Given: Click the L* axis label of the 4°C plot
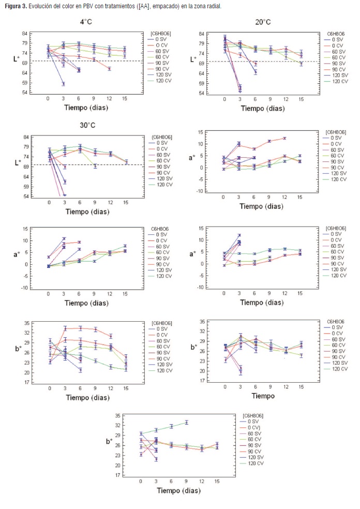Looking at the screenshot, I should (17, 58).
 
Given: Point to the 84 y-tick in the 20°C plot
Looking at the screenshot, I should (203, 34).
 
